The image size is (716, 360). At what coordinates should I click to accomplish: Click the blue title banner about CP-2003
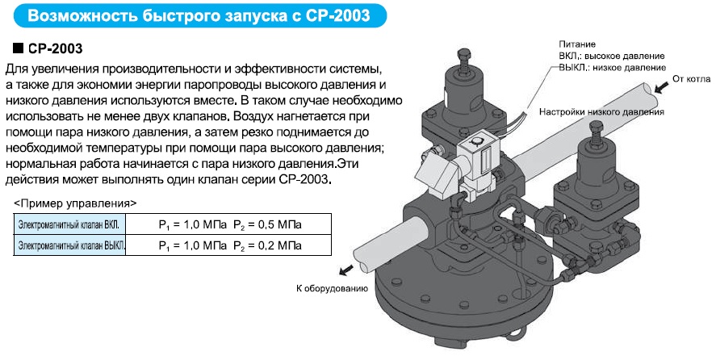click(200, 15)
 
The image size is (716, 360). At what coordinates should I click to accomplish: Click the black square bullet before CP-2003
click(19, 48)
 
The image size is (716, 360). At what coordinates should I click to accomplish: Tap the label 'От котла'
click(691, 79)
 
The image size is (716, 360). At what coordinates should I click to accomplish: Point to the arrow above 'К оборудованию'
click(345, 270)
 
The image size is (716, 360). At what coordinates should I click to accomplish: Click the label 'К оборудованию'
click(332, 288)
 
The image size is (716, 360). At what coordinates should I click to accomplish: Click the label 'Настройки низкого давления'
click(601, 112)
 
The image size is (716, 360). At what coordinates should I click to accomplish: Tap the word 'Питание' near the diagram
click(577, 44)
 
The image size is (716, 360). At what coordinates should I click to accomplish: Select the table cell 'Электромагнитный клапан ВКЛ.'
click(69, 224)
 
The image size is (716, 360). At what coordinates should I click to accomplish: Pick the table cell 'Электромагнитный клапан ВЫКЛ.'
click(69, 245)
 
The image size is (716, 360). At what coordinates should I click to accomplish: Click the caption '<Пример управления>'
click(75, 203)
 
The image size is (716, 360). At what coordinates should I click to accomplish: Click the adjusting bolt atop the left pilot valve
click(462, 61)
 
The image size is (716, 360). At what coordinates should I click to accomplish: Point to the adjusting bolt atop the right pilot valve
click(596, 133)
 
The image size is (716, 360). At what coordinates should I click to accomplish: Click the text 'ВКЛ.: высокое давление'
click(612, 57)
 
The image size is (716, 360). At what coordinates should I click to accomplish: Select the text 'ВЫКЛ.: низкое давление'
click(613, 68)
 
